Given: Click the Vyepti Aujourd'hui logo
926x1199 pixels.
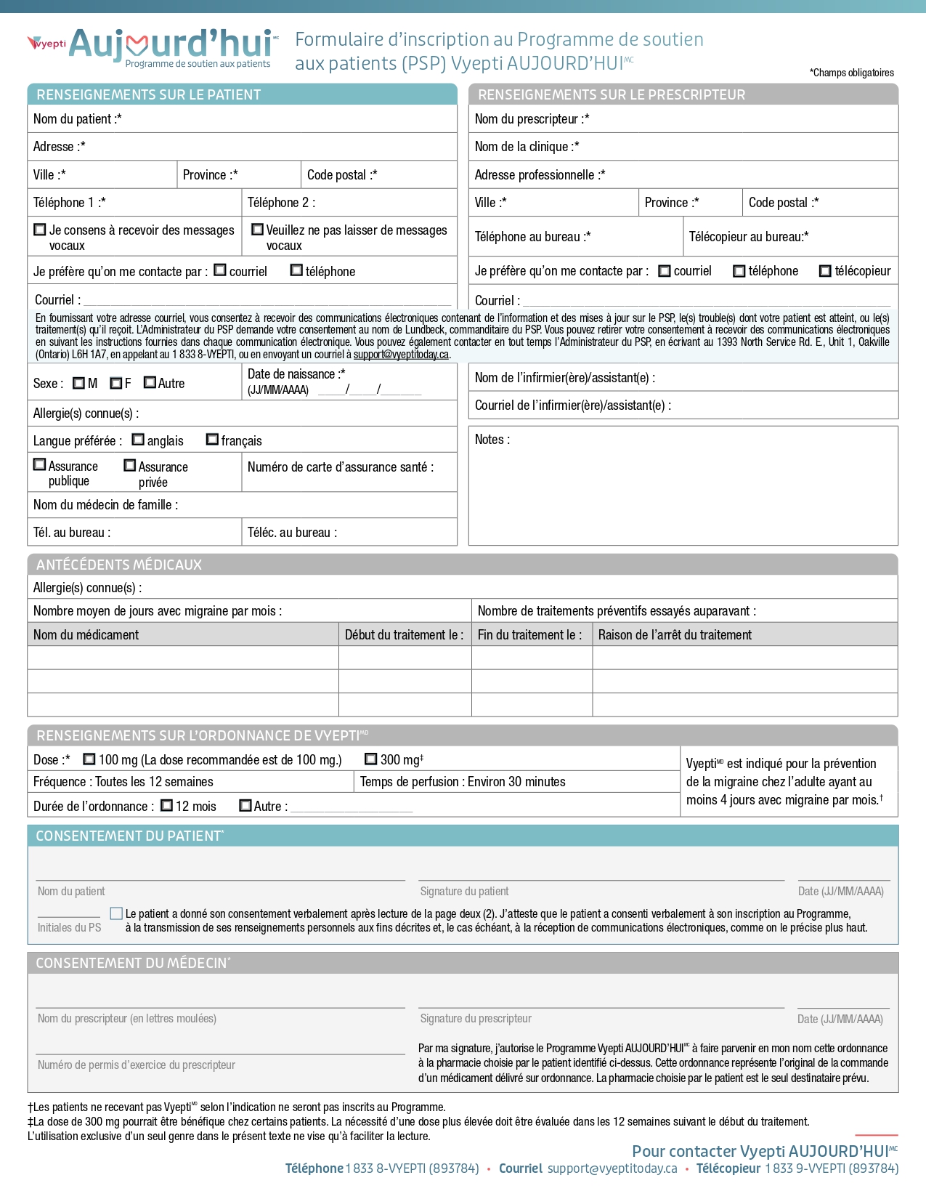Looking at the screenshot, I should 153,47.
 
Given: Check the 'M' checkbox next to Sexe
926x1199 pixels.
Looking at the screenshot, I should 78,383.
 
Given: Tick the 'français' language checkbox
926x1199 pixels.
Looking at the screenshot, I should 212,440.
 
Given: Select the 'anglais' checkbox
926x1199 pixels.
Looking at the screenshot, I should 138,440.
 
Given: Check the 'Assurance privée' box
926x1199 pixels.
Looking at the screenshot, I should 130,465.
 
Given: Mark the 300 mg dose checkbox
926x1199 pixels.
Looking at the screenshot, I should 370,759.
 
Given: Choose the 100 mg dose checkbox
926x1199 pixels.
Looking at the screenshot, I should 89,759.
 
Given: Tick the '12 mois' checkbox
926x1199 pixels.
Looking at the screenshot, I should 166,805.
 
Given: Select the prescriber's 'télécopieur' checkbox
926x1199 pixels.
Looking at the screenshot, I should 825,271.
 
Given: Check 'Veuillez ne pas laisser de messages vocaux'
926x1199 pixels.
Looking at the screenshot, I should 257,230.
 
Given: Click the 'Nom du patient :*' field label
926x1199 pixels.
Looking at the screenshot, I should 77,119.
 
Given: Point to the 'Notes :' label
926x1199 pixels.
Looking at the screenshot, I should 492,440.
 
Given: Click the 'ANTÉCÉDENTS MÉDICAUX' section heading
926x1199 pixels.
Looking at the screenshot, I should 119,565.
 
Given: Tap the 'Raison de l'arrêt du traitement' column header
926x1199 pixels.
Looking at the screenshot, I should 675,634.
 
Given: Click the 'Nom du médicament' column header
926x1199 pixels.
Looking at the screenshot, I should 86,634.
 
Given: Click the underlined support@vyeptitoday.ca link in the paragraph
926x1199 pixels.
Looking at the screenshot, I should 401,355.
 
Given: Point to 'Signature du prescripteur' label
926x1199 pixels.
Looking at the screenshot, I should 476,1019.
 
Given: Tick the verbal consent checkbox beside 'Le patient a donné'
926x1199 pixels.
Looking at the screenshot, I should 116,913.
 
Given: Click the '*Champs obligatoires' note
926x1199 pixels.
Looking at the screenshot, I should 851,73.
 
